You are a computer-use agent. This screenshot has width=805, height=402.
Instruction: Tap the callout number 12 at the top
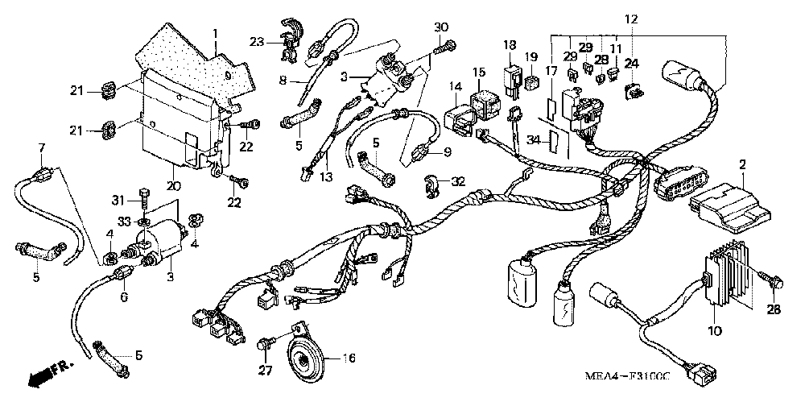630,19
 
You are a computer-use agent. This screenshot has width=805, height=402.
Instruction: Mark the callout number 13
325,177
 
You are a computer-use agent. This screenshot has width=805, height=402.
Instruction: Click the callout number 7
42,147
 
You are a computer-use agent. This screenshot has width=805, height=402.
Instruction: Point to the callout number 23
256,41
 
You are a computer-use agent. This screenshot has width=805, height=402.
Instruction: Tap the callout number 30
440,27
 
